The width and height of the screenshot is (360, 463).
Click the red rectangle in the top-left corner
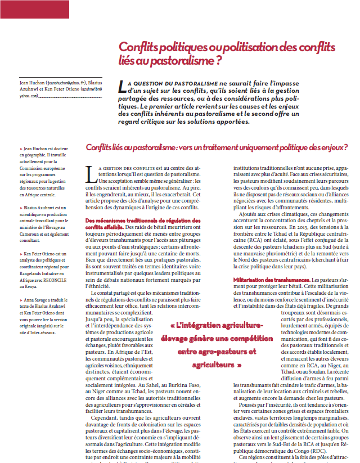(x=34, y=8)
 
